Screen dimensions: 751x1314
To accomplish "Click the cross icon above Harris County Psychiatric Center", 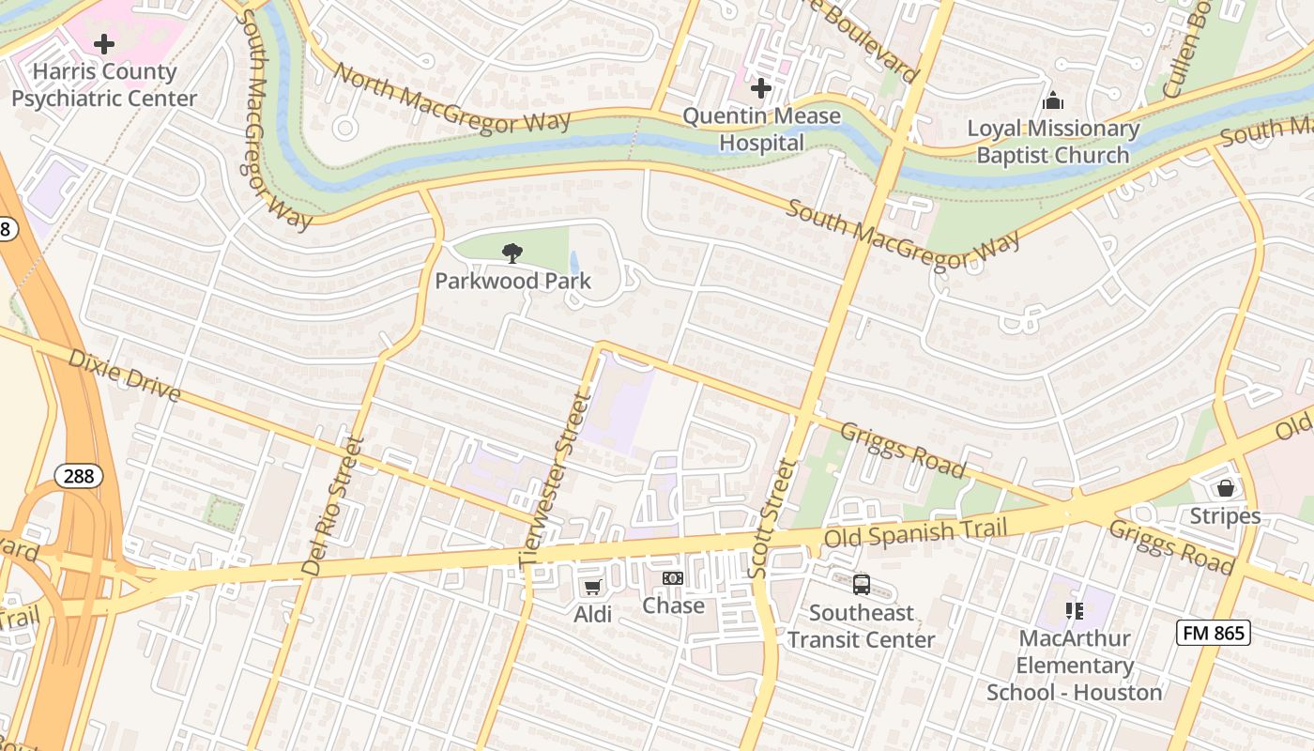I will click(104, 44).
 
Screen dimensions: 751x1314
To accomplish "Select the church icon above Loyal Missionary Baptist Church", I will click(1053, 100).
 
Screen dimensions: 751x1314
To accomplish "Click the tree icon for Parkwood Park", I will click(512, 253).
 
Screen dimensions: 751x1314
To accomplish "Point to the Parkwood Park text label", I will click(512, 281).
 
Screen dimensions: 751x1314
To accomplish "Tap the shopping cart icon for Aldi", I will click(592, 588).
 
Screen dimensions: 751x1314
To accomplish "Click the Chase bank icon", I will click(673, 578).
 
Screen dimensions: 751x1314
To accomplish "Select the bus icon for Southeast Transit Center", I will click(861, 585).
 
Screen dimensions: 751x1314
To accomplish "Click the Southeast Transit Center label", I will click(861, 626).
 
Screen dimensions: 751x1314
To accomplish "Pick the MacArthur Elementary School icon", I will click(1075, 611).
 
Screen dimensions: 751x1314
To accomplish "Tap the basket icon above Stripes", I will click(1225, 488).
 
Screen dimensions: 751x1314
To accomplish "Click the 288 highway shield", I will click(79, 476).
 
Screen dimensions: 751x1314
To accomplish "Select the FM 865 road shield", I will click(1213, 633).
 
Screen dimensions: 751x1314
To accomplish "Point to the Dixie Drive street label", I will click(124, 375).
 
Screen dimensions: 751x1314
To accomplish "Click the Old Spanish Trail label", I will click(915, 532).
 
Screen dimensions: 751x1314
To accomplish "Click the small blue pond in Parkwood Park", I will click(574, 262).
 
